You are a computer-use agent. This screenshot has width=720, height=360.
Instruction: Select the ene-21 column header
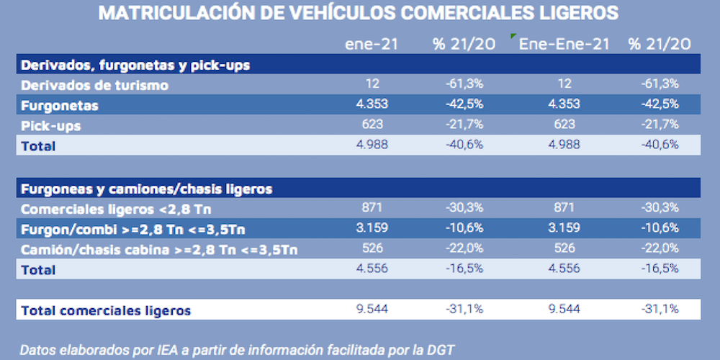click(x=372, y=44)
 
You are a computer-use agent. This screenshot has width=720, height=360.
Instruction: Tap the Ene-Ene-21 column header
click(x=564, y=44)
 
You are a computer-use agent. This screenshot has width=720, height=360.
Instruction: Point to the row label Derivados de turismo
click(x=95, y=85)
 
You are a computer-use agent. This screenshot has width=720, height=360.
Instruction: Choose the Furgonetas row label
click(x=60, y=105)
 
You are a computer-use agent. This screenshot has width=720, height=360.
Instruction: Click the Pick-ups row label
click(x=51, y=125)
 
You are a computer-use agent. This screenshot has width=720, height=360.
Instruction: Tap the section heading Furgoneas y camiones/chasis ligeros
click(x=147, y=189)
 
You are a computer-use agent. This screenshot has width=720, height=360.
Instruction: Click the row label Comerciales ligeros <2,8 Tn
click(x=116, y=210)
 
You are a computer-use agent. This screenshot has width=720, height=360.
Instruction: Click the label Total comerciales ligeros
click(x=107, y=310)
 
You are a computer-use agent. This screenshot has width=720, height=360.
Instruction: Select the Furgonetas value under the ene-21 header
click(x=372, y=104)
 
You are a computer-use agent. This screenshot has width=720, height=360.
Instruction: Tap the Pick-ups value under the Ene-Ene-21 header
click(x=564, y=125)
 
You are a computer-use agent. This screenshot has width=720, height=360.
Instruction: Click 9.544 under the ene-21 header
click(x=372, y=310)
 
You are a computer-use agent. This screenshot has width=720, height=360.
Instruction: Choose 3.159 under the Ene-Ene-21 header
click(x=564, y=229)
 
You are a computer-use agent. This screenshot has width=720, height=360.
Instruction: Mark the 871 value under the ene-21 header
click(x=372, y=209)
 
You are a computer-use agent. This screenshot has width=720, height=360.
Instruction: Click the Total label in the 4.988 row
click(x=39, y=145)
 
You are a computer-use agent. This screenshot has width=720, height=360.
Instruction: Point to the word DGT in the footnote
click(x=441, y=351)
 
